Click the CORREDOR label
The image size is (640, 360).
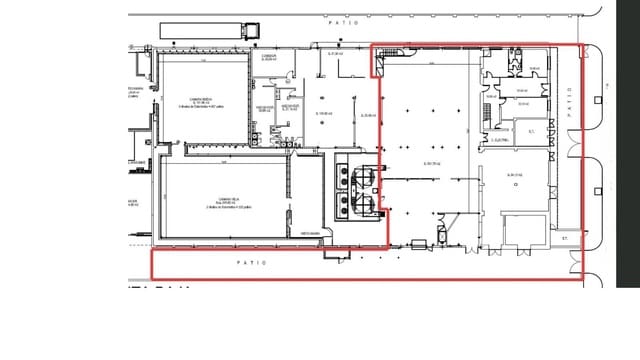pyautogui.click(x=267, y=57)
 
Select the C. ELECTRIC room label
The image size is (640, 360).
pyautogui.click(x=501, y=140)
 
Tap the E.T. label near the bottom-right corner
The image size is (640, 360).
pyautogui.click(x=564, y=238)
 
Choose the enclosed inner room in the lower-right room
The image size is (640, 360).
pyautogui.click(x=524, y=229)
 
